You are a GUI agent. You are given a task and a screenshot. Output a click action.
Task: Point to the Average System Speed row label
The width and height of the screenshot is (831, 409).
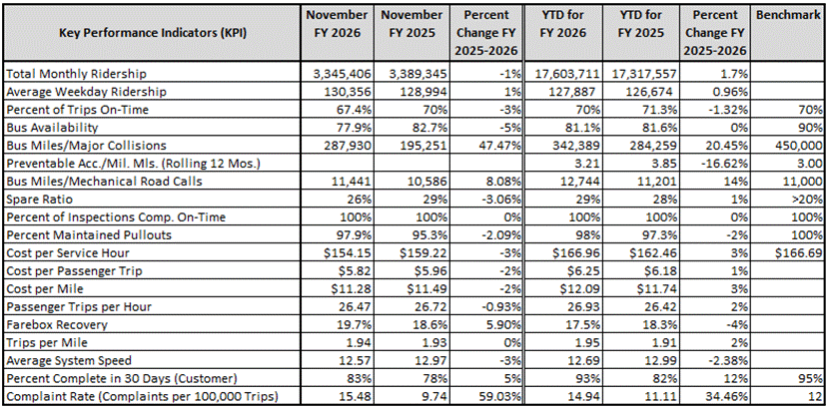69,358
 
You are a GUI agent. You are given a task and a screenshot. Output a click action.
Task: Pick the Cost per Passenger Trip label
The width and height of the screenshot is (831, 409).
67,269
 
